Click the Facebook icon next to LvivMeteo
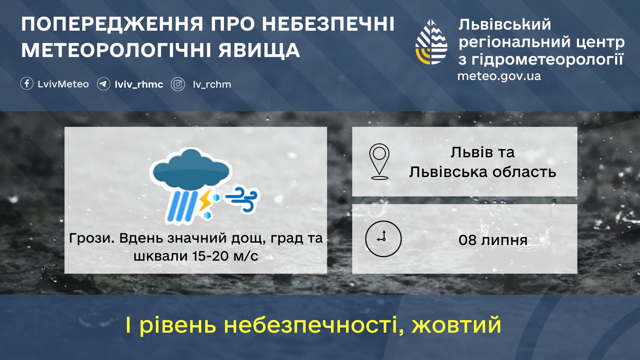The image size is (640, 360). click(27, 84)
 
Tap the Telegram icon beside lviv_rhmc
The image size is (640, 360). click(103, 84)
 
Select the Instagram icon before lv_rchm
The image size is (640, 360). click(178, 84)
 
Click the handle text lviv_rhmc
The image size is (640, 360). click(139, 84)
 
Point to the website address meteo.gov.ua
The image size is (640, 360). click(499, 76)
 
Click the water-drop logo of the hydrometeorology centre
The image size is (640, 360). click(431, 42)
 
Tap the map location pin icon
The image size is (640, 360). click(379, 162)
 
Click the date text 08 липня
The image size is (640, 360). click(493, 240)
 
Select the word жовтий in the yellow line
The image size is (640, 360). click(456, 325)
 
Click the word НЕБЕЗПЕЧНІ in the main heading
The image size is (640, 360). click(328, 24)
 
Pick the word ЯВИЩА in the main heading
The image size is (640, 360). click(259, 51)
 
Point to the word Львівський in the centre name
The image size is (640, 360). click(505, 25)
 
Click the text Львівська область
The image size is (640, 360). click(483, 172)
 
